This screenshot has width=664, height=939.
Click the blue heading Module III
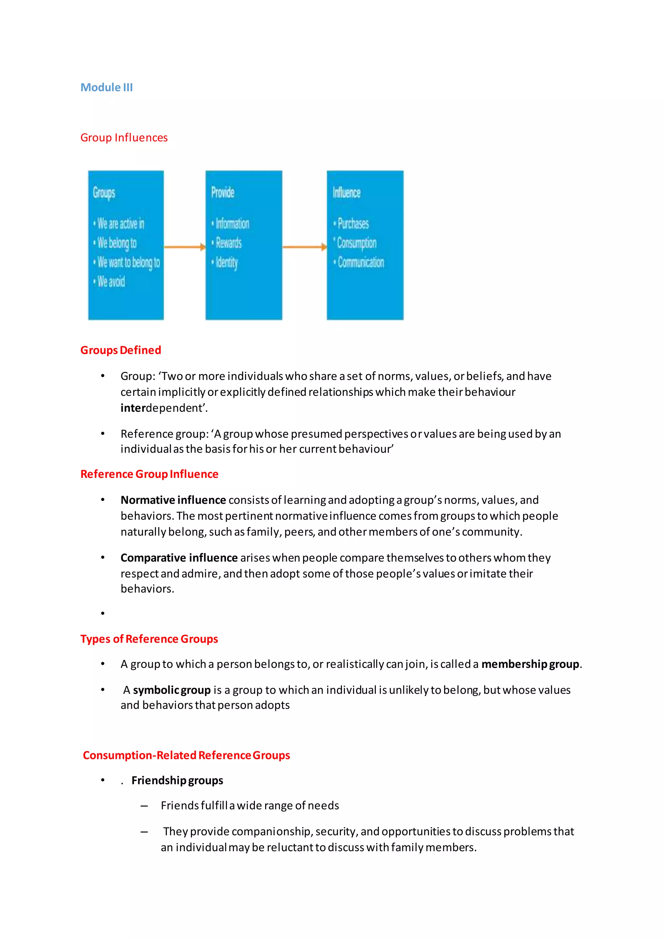[x=106, y=88]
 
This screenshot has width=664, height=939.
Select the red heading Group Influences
[x=124, y=137]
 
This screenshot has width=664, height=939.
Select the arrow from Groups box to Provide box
[x=184, y=247]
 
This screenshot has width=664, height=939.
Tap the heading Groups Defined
[x=121, y=350]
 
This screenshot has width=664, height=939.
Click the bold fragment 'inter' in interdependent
[x=133, y=408]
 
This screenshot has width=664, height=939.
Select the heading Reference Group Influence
[x=149, y=474]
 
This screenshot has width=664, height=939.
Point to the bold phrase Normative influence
[x=173, y=500]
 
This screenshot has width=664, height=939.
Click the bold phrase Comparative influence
[x=179, y=558]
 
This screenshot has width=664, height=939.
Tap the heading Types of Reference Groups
[x=149, y=639]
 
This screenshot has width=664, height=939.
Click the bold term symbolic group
[x=172, y=690]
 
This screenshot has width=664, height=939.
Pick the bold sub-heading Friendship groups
[x=177, y=780]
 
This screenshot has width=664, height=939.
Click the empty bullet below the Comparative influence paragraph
[x=103, y=613]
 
